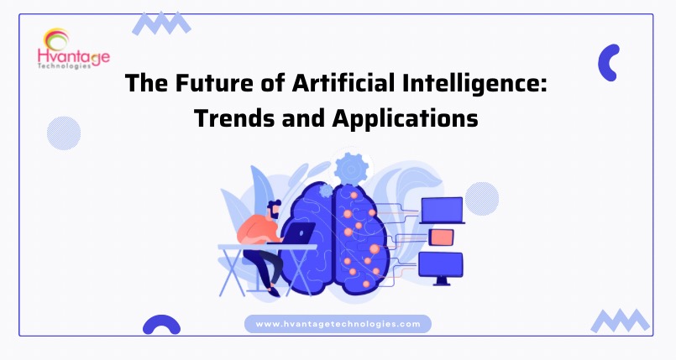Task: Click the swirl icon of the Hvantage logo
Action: [57, 39]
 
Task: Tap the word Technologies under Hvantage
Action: [64, 66]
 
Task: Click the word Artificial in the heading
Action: [343, 83]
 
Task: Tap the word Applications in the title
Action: [406, 118]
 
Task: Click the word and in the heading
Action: [303, 118]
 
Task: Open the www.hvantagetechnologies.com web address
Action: [338, 324]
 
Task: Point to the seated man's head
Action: [273, 209]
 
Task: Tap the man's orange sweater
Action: [258, 231]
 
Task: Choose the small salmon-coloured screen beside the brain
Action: [442, 237]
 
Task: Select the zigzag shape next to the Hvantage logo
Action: [162, 23]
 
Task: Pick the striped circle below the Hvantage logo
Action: [64, 133]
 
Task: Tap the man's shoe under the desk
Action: [274, 292]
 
